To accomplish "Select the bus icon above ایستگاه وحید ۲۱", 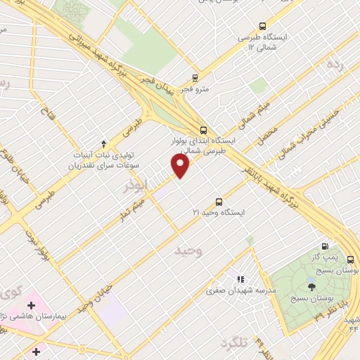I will (219, 200).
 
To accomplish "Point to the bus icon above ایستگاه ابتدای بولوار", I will (203, 129).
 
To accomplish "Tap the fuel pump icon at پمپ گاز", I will (324, 246).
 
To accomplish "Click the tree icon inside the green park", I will (311, 286).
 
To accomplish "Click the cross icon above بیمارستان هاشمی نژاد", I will (30, 305).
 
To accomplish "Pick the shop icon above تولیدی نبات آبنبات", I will (104, 143).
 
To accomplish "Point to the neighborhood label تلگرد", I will (235, 344).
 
